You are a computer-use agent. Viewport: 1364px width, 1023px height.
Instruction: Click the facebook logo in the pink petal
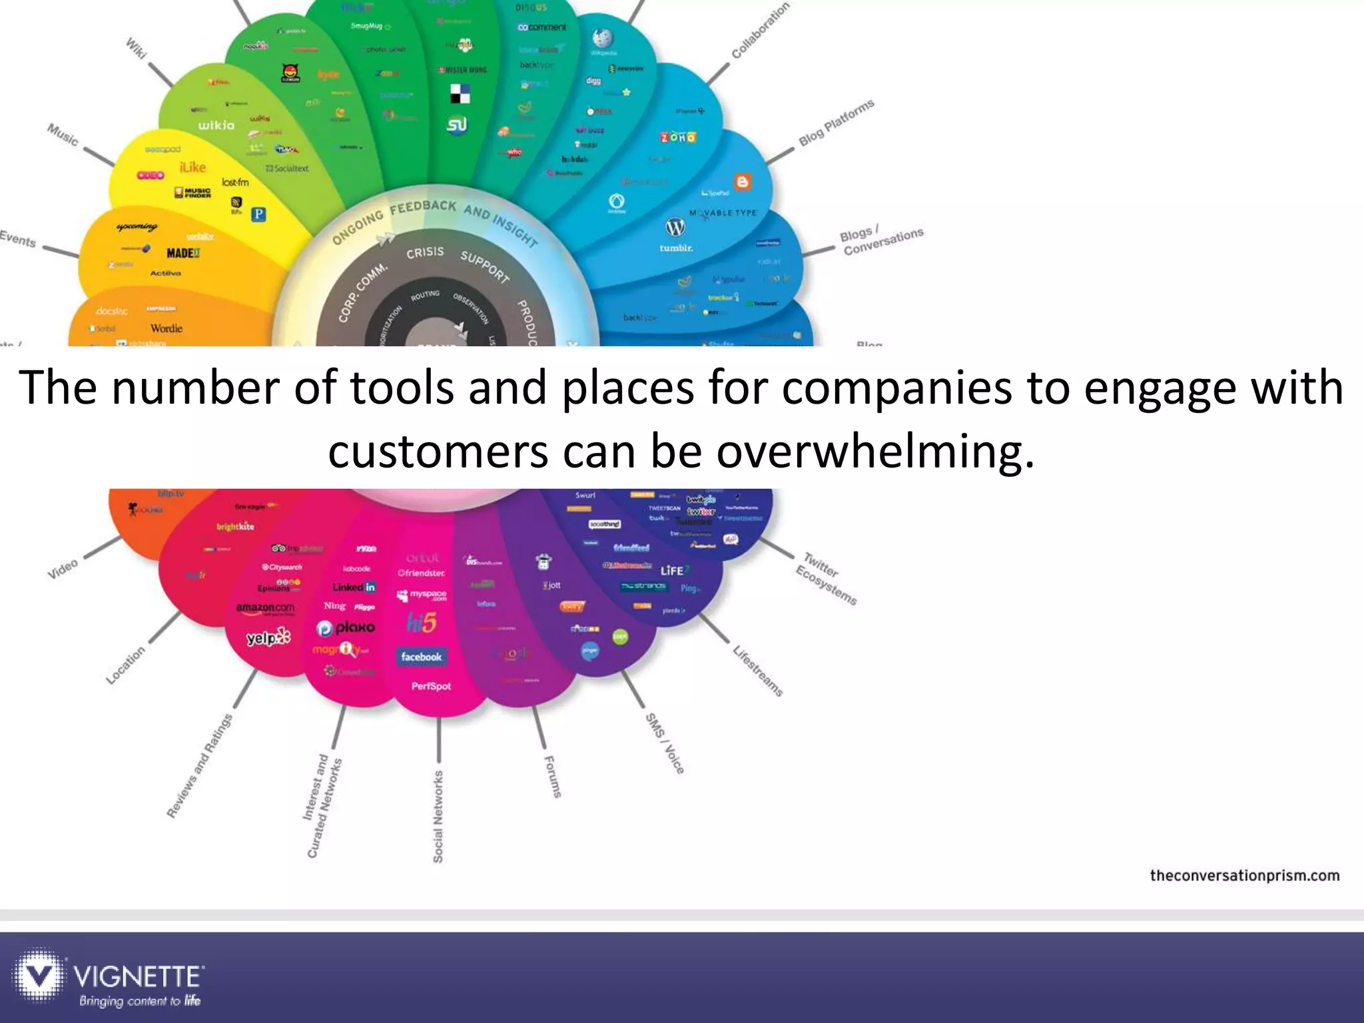coord(421,657)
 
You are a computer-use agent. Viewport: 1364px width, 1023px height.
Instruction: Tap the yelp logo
coord(268,637)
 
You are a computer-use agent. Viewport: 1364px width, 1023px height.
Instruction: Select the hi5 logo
coord(422,623)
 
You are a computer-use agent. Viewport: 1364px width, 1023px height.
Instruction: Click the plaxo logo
coord(346,627)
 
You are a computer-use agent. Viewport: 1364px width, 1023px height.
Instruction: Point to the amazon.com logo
coord(265,608)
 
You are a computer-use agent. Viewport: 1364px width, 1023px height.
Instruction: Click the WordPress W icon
coord(675,228)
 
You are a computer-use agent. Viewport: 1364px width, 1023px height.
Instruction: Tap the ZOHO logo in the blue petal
coord(678,137)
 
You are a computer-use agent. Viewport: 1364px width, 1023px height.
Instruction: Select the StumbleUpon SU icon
coord(457,125)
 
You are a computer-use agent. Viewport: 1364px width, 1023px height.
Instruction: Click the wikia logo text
coord(216,125)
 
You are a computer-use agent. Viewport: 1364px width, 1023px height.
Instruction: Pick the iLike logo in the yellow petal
coord(192,167)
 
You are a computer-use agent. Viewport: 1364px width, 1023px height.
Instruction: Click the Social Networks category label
coord(438,817)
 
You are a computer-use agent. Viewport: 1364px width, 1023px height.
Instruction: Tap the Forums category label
coord(553,777)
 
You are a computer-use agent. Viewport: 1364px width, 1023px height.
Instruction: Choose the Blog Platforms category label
coord(837,123)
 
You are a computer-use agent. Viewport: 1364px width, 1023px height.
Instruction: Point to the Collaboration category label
coord(760,30)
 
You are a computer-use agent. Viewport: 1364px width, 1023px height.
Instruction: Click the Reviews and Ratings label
coord(200,765)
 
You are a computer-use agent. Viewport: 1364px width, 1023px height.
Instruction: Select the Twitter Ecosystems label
coord(826,578)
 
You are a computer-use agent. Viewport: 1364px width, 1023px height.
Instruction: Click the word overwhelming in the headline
coord(876,451)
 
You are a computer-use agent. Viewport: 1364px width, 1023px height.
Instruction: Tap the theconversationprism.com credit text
coord(1244,875)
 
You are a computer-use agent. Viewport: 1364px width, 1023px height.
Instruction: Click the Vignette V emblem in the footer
coord(40,976)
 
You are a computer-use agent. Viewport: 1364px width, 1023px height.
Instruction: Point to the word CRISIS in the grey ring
coord(425,252)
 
